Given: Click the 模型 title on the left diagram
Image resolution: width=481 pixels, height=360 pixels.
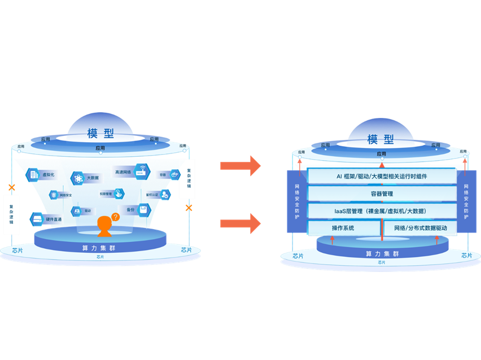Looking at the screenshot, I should [x=100, y=134].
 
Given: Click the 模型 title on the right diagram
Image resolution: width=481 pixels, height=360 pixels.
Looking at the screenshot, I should [x=381, y=139].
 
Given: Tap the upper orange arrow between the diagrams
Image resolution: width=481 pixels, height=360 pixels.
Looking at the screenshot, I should [x=240, y=165].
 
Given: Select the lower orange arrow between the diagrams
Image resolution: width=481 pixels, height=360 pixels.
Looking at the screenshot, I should [x=240, y=223].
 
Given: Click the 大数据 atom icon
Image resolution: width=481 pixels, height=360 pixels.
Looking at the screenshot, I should [x=77, y=178].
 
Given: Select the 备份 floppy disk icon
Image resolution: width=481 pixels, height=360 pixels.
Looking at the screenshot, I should [x=143, y=210].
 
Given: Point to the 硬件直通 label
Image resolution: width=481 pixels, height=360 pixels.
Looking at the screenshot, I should [x=54, y=219].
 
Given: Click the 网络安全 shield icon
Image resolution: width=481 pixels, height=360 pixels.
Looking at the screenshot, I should [x=54, y=195].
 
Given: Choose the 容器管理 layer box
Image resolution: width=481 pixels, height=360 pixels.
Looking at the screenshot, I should [x=382, y=194].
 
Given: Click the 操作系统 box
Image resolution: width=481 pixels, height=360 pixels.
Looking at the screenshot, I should [x=344, y=228].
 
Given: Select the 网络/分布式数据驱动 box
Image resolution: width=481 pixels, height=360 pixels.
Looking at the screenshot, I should [x=419, y=228].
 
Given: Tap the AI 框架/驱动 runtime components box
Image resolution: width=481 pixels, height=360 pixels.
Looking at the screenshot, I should [x=382, y=176].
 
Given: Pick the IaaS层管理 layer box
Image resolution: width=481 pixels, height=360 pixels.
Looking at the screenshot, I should [x=382, y=211].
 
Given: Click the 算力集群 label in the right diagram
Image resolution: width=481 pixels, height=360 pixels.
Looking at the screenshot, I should [x=381, y=253].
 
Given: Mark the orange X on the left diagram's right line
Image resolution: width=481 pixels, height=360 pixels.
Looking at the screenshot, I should [x=189, y=208].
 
